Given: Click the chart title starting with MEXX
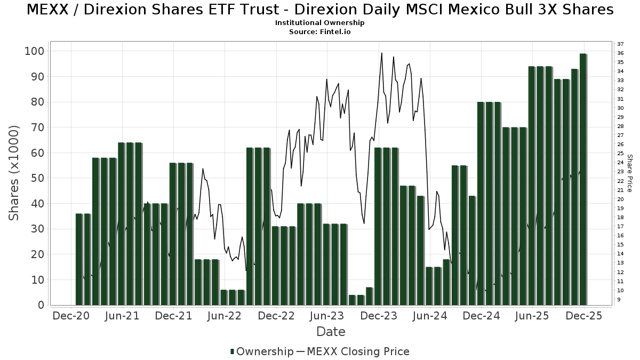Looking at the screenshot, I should click(x=319, y=10).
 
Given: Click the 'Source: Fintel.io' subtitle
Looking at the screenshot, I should click(x=319, y=32).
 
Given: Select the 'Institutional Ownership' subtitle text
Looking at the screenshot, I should click(x=319, y=23).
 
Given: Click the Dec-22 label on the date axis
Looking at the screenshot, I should click(x=276, y=316).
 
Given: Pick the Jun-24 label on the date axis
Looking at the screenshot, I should click(x=430, y=316).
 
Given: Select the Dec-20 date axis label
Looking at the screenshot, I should click(x=71, y=316).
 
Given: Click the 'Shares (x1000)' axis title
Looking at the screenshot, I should click(x=14, y=173).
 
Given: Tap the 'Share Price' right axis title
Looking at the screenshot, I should click(x=629, y=173).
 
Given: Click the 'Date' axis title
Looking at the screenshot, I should click(x=331, y=332).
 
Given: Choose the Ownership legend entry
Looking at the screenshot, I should click(x=261, y=351).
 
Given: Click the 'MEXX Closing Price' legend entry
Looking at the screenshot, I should click(x=353, y=351).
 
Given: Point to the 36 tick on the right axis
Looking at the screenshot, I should click(x=620, y=53).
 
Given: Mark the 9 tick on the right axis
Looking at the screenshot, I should click(x=619, y=300).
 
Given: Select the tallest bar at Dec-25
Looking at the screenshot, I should click(x=583, y=179).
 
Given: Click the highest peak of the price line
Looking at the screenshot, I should click(x=382, y=53).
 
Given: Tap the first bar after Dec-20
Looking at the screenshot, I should click(x=79, y=259).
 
